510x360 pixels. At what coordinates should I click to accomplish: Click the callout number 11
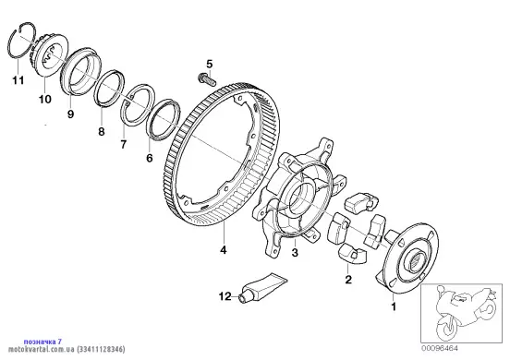[x=18, y=80]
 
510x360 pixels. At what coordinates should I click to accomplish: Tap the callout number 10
[x=45, y=99]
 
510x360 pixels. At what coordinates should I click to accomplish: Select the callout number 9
[x=70, y=114]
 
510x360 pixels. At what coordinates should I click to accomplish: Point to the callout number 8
[x=102, y=132]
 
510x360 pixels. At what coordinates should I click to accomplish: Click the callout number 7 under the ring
[x=123, y=144]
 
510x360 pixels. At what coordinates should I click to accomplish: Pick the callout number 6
[x=150, y=158]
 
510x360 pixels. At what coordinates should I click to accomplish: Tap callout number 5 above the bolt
[x=209, y=64]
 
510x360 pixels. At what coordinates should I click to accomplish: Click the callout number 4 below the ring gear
[x=224, y=250]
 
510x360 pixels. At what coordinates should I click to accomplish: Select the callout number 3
[x=295, y=252]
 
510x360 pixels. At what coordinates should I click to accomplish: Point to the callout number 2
[x=348, y=279]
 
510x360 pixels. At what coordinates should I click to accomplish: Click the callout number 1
[x=394, y=306]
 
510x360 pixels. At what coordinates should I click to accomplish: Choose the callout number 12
[x=225, y=296]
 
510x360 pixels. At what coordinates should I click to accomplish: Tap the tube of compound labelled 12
[x=262, y=287]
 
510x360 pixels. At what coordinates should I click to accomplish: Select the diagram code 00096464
[x=441, y=348]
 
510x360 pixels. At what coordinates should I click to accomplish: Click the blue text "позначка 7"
[x=42, y=342]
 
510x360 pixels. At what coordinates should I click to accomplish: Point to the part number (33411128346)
[x=101, y=350]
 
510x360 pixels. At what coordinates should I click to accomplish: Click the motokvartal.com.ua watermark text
[x=42, y=350]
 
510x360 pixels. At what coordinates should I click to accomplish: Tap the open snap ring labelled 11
[x=21, y=42]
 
